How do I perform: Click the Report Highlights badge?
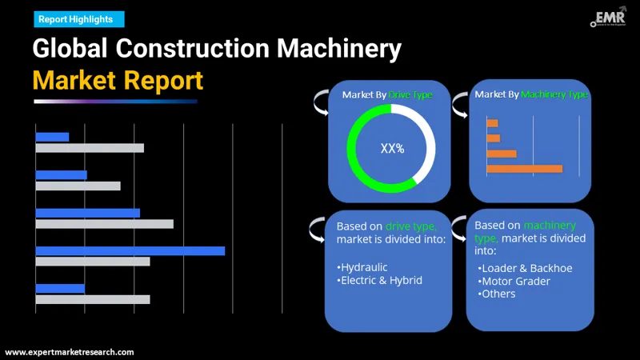click(76, 18)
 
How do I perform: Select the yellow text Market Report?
click(118, 80)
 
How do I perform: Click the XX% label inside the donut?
click(392, 148)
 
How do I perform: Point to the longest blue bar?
click(130, 250)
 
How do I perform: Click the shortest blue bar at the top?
click(52, 137)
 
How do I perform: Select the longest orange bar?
click(524, 168)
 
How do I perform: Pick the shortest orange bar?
click(492, 123)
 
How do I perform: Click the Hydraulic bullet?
click(362, 266)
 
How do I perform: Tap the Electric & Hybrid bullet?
click(379, 280)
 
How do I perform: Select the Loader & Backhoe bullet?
click(525, 268)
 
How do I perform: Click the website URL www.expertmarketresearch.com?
click(70, 352)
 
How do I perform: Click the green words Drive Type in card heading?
click(410, 94)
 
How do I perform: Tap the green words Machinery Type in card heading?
click(554, 94)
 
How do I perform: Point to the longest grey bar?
click(104, 224)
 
